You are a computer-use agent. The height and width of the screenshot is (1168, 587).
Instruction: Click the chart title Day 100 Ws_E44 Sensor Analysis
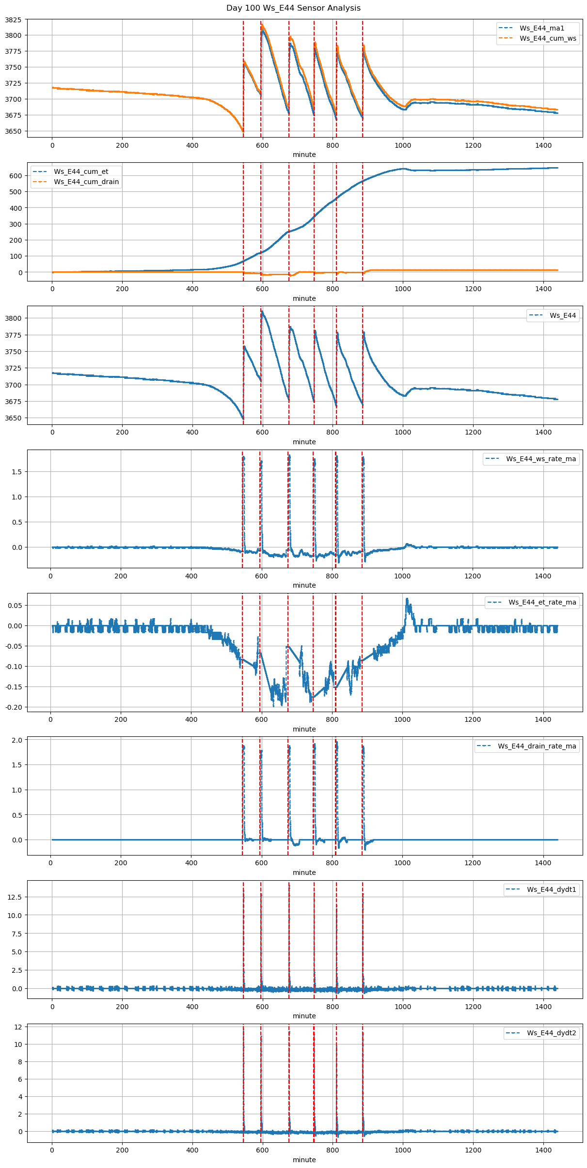point(293,8)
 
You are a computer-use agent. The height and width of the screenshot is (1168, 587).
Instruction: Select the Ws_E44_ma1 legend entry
point(541,28)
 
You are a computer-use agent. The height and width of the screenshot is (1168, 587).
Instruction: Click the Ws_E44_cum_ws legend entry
point(548,39)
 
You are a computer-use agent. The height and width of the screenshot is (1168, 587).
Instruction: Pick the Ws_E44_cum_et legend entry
point(81,171)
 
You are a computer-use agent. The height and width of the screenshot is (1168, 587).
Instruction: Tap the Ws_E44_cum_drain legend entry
point(86,182)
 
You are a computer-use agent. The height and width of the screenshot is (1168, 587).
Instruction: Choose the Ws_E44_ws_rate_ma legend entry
point(541,459)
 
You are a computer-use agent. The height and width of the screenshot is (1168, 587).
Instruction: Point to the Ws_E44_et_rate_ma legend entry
point(542,603)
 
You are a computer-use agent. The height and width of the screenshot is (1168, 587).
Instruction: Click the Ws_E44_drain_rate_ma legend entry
point(537,746)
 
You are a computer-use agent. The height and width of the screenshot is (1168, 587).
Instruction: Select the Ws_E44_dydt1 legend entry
point(552,889)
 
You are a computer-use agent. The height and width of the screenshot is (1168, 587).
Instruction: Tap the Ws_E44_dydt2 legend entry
point(552,1033)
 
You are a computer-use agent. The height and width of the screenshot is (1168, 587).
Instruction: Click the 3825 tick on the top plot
point(13,19)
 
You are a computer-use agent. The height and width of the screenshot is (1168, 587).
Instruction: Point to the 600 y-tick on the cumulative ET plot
point(16,176)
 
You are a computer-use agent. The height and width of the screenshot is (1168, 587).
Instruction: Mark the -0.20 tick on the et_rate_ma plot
point(13,707)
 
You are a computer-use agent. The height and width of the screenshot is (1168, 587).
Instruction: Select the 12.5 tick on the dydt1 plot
point(15,897)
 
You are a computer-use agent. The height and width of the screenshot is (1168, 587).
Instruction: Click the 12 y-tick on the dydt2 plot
point(18,1027)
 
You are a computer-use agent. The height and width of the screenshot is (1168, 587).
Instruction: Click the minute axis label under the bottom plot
point(304,1160)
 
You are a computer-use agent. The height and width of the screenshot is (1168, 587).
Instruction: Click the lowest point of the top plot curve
point(242,131)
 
